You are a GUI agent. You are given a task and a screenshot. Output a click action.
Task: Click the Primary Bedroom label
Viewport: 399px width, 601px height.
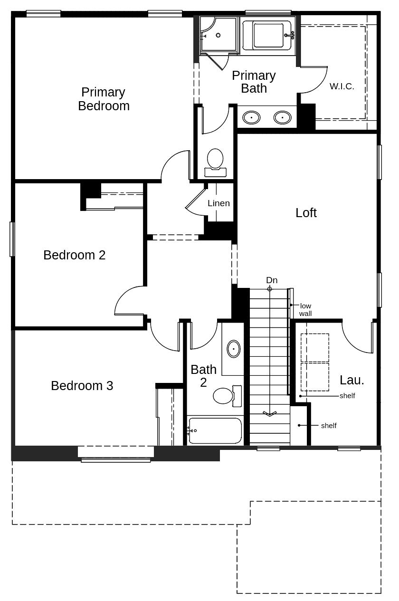[104, 99]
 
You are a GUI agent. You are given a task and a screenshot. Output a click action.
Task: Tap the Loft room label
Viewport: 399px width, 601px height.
[306, 213]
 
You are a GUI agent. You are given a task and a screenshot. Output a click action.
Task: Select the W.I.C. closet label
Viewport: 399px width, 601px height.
[342, 86]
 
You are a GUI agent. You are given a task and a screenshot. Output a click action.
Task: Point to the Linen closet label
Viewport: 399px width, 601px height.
[218, 203]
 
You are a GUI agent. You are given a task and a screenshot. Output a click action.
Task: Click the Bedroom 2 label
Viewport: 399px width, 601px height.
[75, 255]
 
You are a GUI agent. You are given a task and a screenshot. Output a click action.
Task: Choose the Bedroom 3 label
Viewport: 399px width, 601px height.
[82, 386]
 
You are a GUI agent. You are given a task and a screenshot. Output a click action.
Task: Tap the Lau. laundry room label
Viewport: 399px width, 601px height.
[352, 380]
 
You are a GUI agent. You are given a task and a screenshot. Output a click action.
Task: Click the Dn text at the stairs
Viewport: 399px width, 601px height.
[272, 280]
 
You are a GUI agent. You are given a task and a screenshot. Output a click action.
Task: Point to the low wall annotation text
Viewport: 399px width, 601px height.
[305, 310]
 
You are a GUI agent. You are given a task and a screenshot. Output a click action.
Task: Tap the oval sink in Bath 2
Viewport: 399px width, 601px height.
[233, 349]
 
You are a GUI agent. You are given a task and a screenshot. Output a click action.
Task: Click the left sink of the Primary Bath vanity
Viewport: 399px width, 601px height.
[251, 117]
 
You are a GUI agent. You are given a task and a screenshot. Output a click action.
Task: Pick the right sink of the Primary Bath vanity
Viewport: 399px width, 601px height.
[282, 117]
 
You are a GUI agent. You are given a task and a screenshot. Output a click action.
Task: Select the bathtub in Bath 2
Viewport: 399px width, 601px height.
[215, 430]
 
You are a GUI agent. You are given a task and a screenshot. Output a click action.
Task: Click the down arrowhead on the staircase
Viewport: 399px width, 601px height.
[269, 413]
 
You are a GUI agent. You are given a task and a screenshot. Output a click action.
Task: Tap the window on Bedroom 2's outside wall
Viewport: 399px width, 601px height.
[12, 239]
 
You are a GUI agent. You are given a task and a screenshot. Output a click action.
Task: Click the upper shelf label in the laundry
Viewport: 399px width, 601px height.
[347, 396]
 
